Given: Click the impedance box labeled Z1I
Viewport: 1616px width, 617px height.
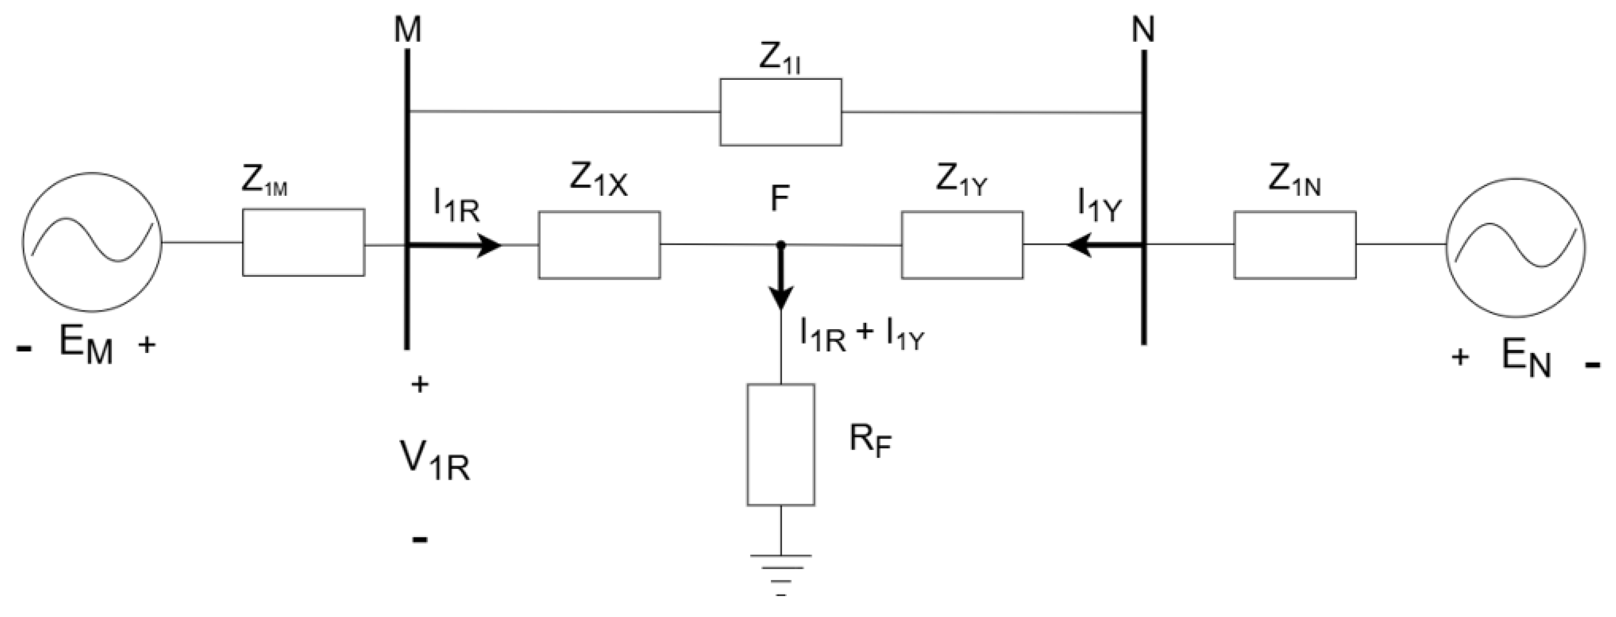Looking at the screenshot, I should click(x=781, y=112).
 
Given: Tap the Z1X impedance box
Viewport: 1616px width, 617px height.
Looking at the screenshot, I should click(x=599, y=245).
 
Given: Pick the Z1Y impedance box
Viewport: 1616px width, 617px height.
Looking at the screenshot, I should click(x=962, y=245).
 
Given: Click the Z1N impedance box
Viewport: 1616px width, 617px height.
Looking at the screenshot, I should click(x=1295, y=245).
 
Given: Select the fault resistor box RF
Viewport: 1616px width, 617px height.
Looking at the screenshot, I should click(x=781, y=445).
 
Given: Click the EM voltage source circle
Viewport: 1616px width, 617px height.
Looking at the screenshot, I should click(x=92, y=242).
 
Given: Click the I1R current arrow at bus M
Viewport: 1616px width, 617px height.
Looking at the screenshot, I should click(x=464, y=245).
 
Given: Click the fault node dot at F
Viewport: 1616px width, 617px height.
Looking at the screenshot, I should click(x=781, y=245).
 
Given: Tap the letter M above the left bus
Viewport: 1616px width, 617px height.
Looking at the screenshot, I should click(x=408, y=30).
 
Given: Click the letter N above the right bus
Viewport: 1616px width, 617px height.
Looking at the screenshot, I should click(x=1143, y=30).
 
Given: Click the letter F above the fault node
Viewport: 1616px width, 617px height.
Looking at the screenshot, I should click(x=779, y=199).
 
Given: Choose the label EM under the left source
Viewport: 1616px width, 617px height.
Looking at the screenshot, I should click(x=85, y=346).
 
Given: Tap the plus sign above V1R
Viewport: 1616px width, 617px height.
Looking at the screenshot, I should click(x=420, y=384).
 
